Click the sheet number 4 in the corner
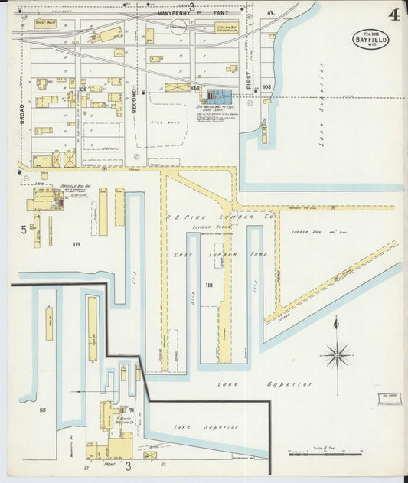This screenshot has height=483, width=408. pos(393,15)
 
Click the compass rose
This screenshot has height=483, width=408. pos(335,354)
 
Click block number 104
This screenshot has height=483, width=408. pos(194,88)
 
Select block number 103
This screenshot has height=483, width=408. pos(266,87)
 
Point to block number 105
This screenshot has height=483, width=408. pos(82,89)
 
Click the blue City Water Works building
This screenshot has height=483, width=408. pos(222,97)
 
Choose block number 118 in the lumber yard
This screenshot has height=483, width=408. pos(209,285)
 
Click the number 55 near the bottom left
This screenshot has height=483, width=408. pos(43,411)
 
